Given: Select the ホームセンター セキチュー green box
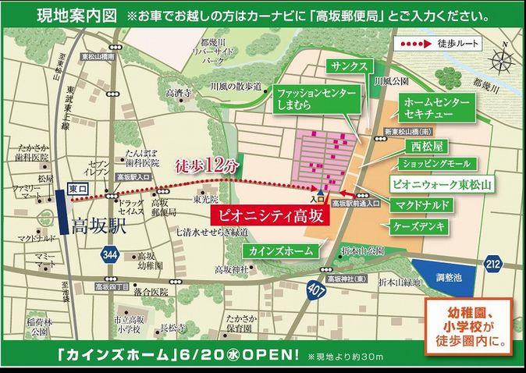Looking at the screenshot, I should pyautogui.click(x=437, y=110).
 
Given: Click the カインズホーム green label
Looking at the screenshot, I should pyautogui.click(x=281, y=251).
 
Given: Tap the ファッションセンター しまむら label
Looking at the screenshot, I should pyautogui.click(x=317, y=99).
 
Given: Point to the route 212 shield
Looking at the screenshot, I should pyautogui.click(x=492, y=262).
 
